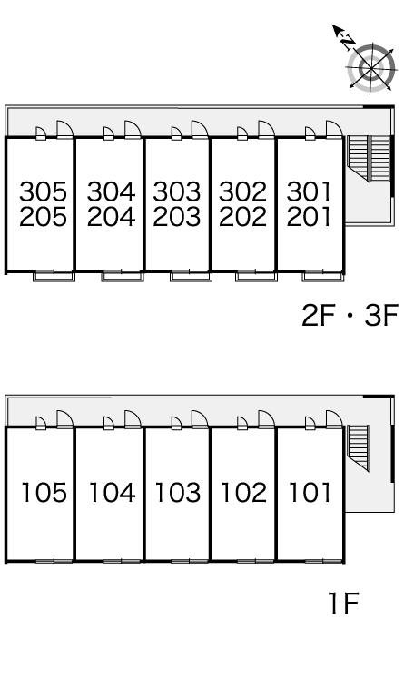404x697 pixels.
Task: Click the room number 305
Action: point(43,192)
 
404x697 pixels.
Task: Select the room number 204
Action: point(111,217)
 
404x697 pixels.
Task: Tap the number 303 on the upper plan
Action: point(177,192)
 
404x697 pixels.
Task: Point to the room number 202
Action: point(242,217)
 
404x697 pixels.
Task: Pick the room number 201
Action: point(309,217)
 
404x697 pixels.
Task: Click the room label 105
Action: point(44,493)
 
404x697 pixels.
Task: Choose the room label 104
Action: point(112,493)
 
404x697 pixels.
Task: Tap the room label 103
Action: point(178,493)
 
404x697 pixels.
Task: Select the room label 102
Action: point(244,493)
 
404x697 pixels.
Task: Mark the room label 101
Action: point(310,493)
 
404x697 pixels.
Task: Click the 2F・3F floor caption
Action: point(350,315)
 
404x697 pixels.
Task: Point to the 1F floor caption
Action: point(343,604)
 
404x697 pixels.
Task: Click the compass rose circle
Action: point(371,67)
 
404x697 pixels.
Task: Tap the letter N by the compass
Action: point(348,43)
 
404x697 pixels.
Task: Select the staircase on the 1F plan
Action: point(359,447)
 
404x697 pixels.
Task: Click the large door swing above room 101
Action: point(334,419)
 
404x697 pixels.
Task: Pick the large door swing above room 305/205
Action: point(64,130)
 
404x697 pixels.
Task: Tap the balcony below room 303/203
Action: point(192,277)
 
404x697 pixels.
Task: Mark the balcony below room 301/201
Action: point(323,277)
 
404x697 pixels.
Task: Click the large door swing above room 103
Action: point(200,419)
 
